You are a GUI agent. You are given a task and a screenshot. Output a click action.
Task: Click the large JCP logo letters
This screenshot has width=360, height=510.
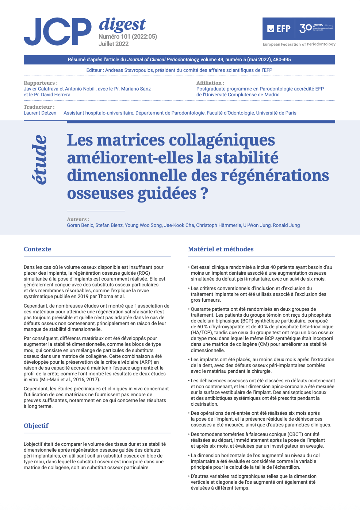tap(57, 32)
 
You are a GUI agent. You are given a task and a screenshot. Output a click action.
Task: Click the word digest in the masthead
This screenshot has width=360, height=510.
tap(122, 24)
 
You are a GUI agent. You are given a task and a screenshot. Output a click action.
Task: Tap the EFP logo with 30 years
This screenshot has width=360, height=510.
tap(299, 29)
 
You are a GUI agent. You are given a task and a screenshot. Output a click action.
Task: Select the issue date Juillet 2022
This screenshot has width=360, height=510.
tap(114, 44)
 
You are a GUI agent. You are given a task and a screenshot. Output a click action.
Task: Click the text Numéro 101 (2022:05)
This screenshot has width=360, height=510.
tap(127, 36)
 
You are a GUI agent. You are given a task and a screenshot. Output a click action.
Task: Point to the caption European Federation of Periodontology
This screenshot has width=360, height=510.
tap(299, 44)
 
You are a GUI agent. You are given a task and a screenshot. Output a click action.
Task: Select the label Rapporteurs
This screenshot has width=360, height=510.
tap(41, 83)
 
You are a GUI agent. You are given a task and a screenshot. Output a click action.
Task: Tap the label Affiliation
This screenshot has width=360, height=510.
tap(210, 83)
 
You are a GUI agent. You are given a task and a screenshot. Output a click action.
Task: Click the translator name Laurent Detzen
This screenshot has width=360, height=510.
tap(40, 113)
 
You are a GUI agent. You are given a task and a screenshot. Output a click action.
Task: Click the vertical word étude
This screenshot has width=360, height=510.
tap(39, 159)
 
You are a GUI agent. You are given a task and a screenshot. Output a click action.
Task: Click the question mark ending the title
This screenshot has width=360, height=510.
tap(204, 193)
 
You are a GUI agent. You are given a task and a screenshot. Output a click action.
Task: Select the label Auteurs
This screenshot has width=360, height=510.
tap(78, 219)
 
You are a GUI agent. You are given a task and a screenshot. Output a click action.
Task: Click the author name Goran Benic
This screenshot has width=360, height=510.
tap(80, 225)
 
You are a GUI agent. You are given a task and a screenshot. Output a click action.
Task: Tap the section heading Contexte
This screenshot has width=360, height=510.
tap(37, 249)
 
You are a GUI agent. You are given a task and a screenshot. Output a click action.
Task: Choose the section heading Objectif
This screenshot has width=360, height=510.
tap(36, 426)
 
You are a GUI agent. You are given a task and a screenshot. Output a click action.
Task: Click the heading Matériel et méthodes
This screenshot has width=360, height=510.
tap(221, 249)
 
